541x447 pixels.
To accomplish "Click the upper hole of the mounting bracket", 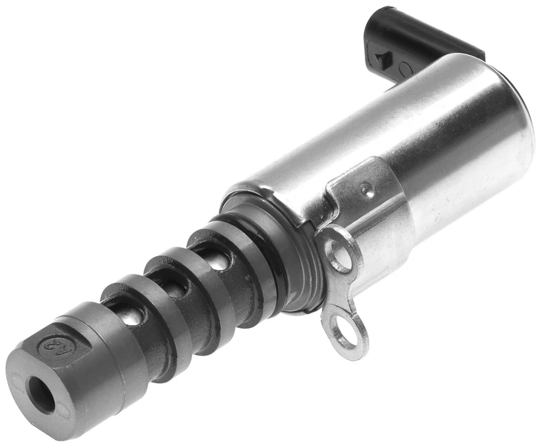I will coord(339,254).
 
